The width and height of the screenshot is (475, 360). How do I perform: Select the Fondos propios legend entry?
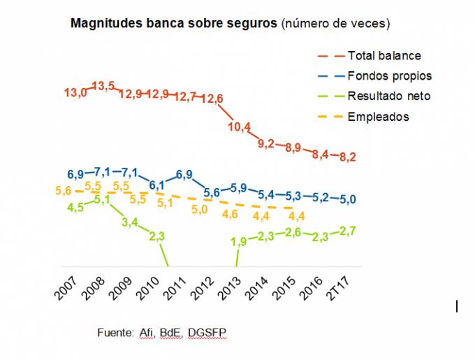coord(390,75)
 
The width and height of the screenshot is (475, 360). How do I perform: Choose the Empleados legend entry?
coord(378,117)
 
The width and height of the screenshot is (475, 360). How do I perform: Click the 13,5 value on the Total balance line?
coord(103,86)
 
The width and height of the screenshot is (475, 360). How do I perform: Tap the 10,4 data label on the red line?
coord(240,127)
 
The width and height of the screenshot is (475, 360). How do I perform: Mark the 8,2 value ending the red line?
coord(348,157)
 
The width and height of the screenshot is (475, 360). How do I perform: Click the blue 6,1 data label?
coord(156,185)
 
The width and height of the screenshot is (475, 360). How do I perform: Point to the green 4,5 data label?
coord(75,207)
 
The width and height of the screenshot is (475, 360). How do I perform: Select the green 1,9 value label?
coord(240,242)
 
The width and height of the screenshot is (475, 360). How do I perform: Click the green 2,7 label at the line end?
coord(348,230)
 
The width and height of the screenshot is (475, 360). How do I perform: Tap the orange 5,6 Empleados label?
coord(64,190)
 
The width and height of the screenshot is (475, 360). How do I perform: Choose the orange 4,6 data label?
coord(231,214)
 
